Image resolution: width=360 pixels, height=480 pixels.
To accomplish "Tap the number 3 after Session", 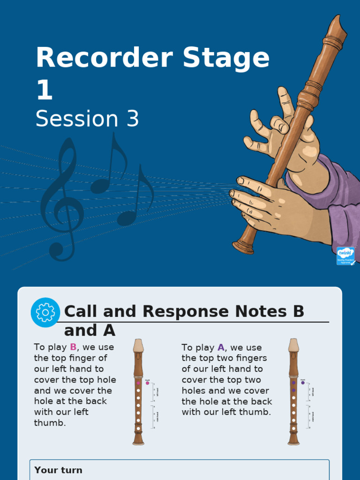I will click(x=133, y=119).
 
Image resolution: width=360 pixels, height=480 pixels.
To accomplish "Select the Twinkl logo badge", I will click(x=345, y=256).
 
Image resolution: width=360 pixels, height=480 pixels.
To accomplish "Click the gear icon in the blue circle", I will click(x=45, y=312).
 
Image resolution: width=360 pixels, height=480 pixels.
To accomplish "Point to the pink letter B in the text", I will click(x=73, y=347).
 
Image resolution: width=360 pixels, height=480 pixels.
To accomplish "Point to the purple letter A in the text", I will click(x=221, y=348).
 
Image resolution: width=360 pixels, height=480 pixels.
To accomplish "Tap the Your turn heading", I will click(x=58, y=470).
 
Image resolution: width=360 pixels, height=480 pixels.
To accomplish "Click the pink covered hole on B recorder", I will click(x=138, y=383).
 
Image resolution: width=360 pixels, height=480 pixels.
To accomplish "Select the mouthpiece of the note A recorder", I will click(x=293, y=345).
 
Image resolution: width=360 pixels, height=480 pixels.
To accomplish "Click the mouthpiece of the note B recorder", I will click(x=138, y=345).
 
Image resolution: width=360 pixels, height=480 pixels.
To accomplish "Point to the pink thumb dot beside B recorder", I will click(x=147, y=383).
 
